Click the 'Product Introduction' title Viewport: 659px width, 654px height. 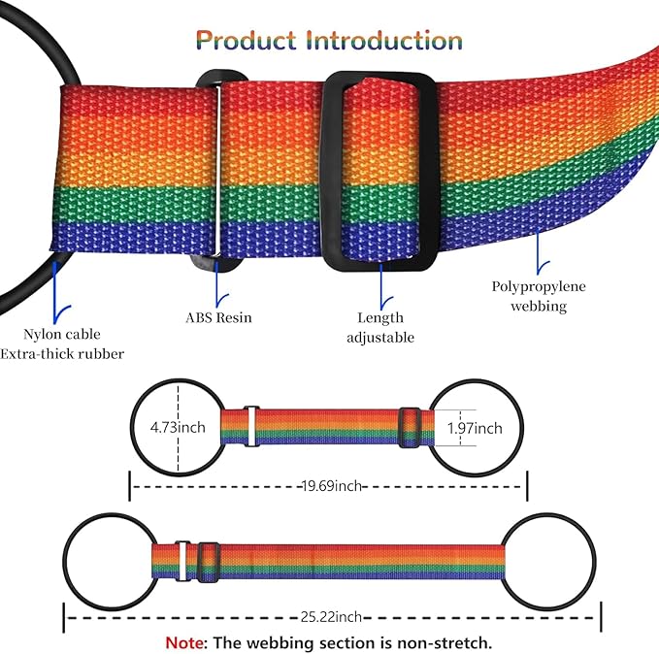[x=329, y=41]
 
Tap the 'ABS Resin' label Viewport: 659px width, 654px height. [x=219, y=317]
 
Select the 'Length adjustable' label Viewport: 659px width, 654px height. [x=380, y=327]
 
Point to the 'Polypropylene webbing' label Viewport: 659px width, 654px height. [x=539, y=296]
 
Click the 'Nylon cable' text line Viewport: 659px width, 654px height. [x=62, y=334]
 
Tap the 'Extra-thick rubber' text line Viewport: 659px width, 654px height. [x=62, y=354]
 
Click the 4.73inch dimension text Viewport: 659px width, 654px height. [x=178, y=428]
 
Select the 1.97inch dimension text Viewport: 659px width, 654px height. [x=475, y=428]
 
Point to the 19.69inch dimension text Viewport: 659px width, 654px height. [x=332, y=486]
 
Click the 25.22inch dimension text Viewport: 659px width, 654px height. [x=331, y=617]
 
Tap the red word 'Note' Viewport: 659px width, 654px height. [x=184, y=642]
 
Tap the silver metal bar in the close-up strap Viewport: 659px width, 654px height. [x=217, y=170]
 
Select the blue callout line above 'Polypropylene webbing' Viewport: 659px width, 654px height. [x=539, y=252]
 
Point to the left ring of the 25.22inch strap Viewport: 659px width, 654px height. [x=65, y=562]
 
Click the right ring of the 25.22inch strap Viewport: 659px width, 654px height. [x=594, y=562]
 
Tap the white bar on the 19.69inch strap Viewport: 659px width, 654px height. [x=251, y=426]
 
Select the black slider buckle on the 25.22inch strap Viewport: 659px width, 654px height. [x=209, y=563]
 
